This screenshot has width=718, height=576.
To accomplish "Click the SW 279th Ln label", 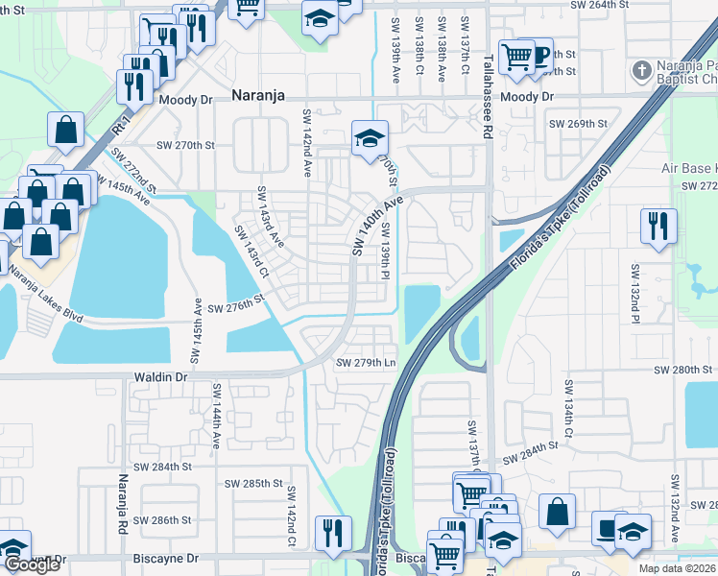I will pyautogui.click(x=366, y=362).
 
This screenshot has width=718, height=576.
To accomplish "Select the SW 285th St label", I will pyautogui.click(x=251, y=484).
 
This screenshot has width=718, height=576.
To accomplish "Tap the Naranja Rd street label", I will pyautogui.click(x=123, y=503).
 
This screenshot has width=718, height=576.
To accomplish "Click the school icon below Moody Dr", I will pyautogui.click(x=370, y=138).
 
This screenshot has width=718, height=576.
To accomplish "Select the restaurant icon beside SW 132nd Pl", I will pyautogui.click(x=658, y=227).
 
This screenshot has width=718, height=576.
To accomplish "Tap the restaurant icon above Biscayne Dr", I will pyautogui.click(x=333, y=533).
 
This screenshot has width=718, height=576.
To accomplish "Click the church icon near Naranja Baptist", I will pyautogui.click(x=641, y=70).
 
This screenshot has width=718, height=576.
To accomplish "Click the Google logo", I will pyautogui.click(x=32, y=564).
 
